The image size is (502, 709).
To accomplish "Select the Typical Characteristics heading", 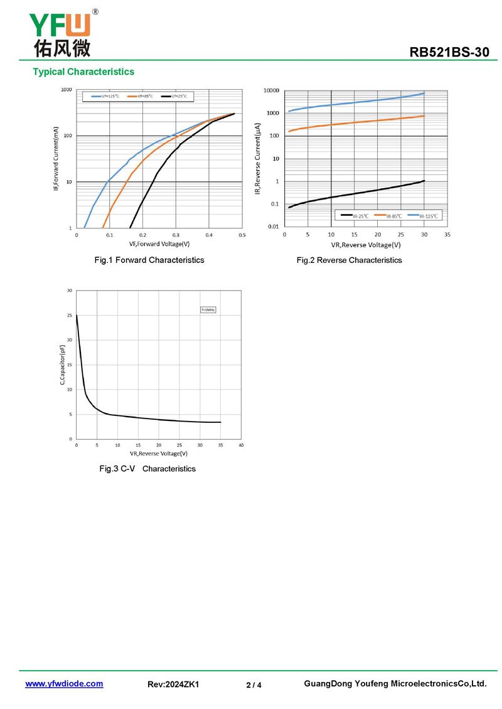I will (83, 72).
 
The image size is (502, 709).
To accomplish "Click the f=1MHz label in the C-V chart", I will (208, 309).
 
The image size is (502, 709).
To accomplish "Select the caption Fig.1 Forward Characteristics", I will (149, 260).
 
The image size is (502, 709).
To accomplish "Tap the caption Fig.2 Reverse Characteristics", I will (349, 260).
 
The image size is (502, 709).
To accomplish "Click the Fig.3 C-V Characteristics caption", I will (147, 469).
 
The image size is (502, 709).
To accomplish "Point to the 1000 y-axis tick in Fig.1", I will (66, 90).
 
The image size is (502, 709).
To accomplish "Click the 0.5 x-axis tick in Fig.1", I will (242, 235).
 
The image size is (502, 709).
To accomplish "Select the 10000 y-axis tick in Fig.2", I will (271, 91).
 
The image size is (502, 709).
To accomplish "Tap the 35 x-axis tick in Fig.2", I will (447, 235).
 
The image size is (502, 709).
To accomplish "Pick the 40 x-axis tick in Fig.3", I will (241, 445).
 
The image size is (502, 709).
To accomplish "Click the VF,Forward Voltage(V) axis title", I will (159, 243).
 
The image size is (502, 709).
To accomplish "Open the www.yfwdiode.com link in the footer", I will (64, 684).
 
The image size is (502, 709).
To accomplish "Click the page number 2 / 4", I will (254, 685).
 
